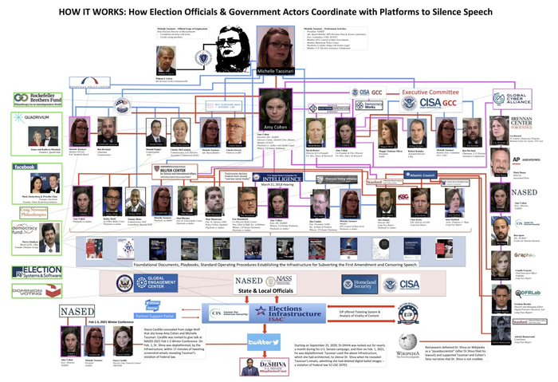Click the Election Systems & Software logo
pyautogui.click(x=37, y=272)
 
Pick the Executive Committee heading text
pyautogui.click(x=430, y=92)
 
